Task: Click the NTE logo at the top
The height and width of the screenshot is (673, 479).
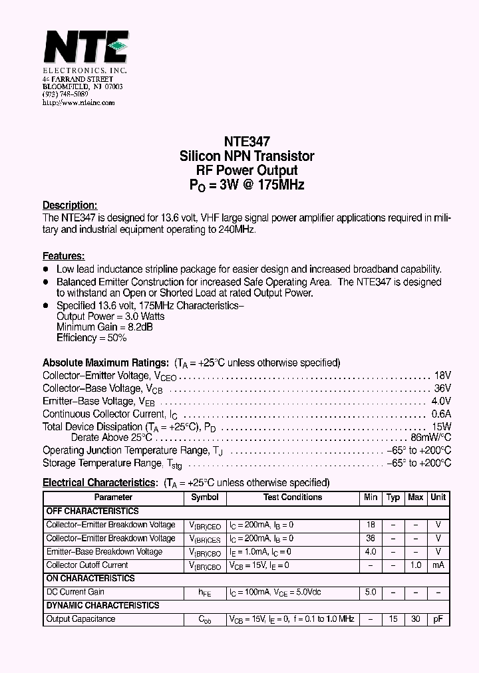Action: (x=84, y=47)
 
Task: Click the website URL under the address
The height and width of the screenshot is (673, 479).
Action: (x=79, y=103)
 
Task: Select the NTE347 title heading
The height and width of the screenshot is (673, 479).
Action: (x=247, y=142)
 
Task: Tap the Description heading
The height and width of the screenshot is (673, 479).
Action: (x=70, y=205)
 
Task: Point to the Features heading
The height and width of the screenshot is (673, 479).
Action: (x=63, y=256)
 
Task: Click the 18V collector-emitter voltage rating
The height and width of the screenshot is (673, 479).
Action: (x=442, y=376)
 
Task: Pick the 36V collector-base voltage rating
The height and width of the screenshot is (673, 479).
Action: (x=442, y=388)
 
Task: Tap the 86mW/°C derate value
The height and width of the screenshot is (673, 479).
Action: (x=430, y=438)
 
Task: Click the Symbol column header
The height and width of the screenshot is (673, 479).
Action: (x=204, y=497)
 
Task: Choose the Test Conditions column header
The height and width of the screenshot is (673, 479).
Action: (x=293, y=497)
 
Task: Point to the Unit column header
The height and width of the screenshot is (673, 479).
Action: (x=438, y=497)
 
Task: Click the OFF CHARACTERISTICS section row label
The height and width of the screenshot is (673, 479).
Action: (x=92, y=511)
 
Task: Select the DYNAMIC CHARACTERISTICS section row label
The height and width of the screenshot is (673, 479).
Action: (x=102, y=606)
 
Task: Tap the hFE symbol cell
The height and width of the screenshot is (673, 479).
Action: (x=204, y=593)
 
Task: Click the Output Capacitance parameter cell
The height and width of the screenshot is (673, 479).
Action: (x=80, y=619)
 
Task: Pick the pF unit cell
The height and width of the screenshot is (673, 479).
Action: (x=438, y=619)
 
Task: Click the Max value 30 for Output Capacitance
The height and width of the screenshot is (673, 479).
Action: (x=415, y=619)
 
